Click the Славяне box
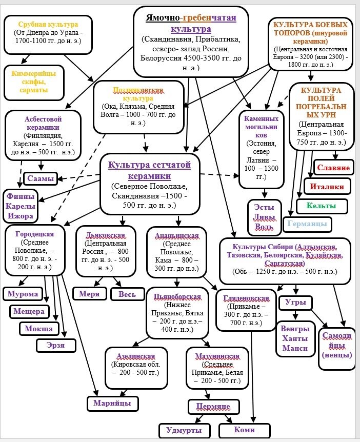[333, 168]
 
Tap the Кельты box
[321, 206]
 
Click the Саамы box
[41, 179]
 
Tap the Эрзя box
[56, 345]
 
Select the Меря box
[89, 294]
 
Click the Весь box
[127, 294]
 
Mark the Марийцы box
[112, 404]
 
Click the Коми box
[244, 430]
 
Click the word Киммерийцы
[33, 73]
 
